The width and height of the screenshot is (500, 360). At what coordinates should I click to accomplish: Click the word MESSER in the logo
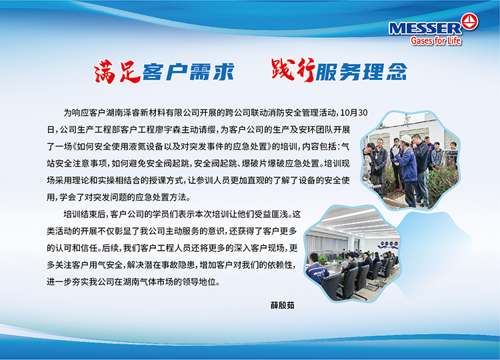pos(425,29)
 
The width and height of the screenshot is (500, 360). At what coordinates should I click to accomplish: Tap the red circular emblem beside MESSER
pos(470,22)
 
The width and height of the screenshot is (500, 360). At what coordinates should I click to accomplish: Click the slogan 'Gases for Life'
pos(436,41)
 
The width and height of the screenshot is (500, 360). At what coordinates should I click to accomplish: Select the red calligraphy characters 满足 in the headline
pos(117,71)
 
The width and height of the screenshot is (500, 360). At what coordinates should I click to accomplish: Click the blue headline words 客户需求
pos(189,71)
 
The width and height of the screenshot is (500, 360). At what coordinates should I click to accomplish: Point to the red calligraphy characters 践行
pos(293,69)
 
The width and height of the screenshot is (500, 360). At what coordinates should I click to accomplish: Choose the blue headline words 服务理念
pos(361,71)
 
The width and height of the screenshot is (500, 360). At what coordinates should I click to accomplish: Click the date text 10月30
pos(354,113)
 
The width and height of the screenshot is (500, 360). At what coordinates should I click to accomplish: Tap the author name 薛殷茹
pos(283,305)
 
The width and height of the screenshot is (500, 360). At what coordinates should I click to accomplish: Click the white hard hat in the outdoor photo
pos(406,139)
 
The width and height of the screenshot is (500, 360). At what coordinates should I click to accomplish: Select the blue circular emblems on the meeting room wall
pos(388,245)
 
